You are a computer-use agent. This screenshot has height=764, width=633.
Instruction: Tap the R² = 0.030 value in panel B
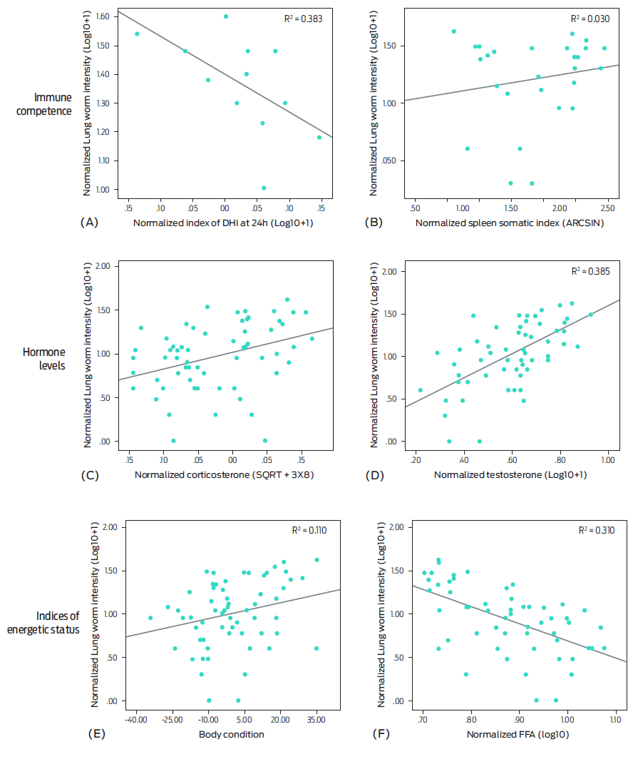tap(590, 19)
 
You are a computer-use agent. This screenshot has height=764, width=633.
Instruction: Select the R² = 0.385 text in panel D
tap(590, 272)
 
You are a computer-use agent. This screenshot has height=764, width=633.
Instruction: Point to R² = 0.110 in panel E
tap(309, 530)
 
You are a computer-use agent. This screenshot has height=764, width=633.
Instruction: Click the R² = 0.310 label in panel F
tap(595, 531)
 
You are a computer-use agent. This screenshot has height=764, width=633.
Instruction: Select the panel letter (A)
tap(90, 223)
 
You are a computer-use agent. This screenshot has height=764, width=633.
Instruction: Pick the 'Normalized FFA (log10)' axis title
tap(517, 734)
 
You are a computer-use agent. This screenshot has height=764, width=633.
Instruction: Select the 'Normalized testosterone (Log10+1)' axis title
tap(510, 474)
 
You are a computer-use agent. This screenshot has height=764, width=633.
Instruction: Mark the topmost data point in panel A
tap(226, 16)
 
